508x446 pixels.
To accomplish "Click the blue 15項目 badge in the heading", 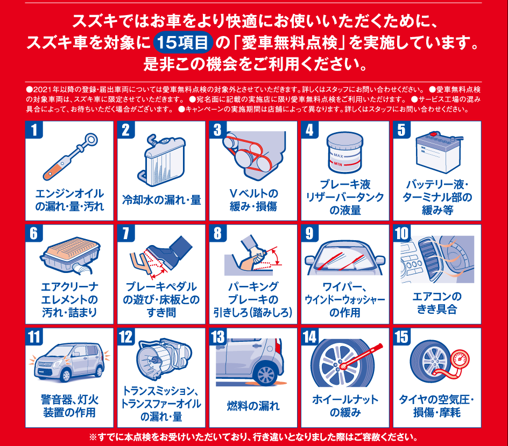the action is tap(183, 42).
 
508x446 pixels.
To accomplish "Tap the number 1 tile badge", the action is tap(34, 130).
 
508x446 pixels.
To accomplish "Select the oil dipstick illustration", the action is tap(70, 156).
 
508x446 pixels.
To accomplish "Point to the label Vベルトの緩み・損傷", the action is tap(253, 200).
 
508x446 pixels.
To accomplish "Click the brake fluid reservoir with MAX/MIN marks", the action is tap(345, 153).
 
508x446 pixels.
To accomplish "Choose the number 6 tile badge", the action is tap(34, 234).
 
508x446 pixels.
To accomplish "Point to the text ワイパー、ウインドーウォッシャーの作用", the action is tap(345, 299).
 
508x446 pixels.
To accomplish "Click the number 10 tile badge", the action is tap(402, 234).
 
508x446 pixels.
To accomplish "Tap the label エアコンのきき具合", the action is tap(437, 303).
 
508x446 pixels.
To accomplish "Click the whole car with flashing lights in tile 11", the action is tap(69, 363).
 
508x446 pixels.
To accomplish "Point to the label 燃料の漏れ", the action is tap(253, 406).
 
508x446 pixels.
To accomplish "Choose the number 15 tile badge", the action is tap(402, 337).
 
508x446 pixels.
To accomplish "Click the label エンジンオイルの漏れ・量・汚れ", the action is tap(69, 200).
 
